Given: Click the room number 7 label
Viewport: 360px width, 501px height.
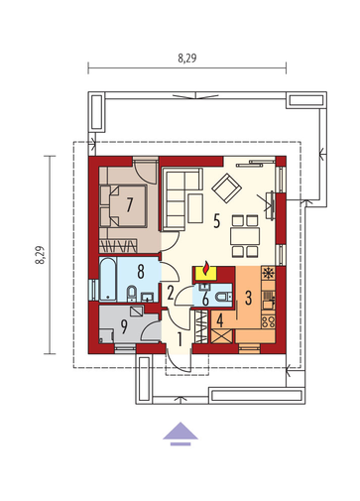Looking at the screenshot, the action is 129,204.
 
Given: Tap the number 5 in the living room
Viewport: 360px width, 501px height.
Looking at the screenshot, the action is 216,221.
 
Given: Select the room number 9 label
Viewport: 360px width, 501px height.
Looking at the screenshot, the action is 124,326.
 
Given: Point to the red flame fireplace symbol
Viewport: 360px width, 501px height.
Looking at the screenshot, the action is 206,268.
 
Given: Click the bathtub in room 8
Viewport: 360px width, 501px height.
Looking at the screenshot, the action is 108,280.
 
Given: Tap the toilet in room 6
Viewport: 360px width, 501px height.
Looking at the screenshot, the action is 224,297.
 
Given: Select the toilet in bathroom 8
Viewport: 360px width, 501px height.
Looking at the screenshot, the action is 132,293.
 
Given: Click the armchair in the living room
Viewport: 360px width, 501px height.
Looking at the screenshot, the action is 226,188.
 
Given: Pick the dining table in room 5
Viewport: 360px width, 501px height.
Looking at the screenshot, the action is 245,236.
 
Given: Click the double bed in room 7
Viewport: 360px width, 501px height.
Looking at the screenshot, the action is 128,206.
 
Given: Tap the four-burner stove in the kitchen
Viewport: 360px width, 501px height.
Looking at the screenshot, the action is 268,321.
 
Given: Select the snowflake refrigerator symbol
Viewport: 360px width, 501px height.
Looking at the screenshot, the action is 268,273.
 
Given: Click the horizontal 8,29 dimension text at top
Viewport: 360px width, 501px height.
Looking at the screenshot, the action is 187,59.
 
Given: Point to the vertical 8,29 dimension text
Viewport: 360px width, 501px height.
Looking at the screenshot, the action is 40,255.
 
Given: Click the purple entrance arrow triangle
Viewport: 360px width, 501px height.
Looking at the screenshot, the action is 180,431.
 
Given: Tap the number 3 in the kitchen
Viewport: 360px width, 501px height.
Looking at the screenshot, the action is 248,298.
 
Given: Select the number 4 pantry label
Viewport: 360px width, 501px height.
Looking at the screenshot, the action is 220,320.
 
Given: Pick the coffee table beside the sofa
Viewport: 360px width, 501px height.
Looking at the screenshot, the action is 195,208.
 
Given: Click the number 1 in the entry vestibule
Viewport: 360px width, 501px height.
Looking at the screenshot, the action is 180,339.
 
